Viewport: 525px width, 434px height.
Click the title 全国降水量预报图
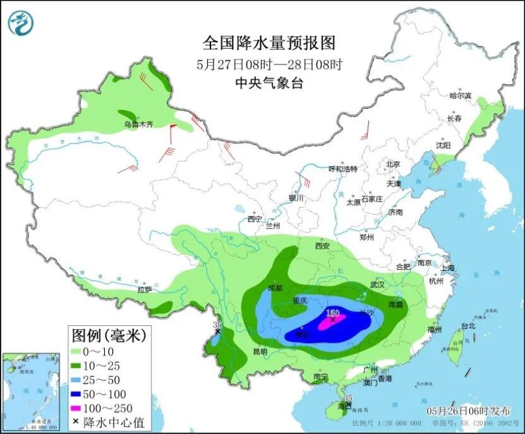pyautogui.click(x=268, y=43)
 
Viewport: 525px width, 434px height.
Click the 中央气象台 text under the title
pyautogui.click(x=268, y=83)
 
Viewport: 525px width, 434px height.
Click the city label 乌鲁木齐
pyautogui.click(x=138, y=125)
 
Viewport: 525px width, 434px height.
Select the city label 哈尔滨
pyautogui.click(x=461, y=95)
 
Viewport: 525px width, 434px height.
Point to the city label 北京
pyautogui.click(x=393, y=164)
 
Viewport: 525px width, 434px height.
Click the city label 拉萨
pyautogui.click(x=145, y=290)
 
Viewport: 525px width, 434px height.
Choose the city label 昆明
pyautogui.click(x=260, y=351)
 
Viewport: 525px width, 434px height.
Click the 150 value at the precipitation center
pyautogui.click(x=333, y=313)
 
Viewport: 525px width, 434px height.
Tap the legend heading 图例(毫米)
pyautogui.click(x=109, y=334)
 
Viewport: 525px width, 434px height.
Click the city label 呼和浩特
pyautogui.click(x=343, y=169)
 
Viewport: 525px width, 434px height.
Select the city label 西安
pyautogui.click(x=323, y=245)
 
